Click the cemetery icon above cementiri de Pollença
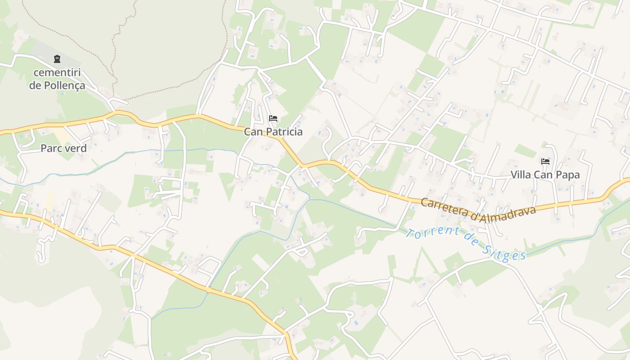click(57, 58)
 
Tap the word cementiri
click(57, 72)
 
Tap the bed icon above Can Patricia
click(273, 118)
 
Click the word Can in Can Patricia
click(252, 132)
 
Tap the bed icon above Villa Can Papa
click(545, 161)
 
